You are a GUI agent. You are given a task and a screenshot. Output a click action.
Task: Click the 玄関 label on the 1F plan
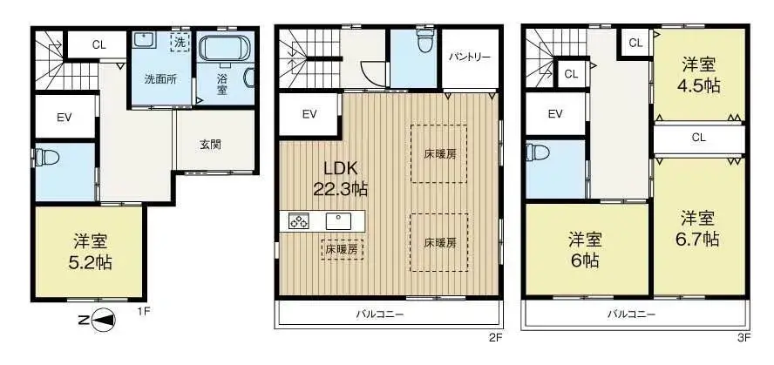pos(209,144)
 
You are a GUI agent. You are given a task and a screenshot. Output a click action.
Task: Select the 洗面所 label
pos(160,79)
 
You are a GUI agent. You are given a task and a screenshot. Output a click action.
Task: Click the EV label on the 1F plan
pos(64,118)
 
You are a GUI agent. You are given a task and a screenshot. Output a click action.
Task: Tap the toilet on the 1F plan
pos(46,159)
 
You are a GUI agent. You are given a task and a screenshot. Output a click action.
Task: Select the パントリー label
pos(470,58)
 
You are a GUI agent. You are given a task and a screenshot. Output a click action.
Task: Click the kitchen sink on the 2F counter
pos(336,220)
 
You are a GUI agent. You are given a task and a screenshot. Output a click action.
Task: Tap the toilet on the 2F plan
pos(424,41)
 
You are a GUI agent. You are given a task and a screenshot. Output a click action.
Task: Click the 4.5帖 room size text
pos(700,85)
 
